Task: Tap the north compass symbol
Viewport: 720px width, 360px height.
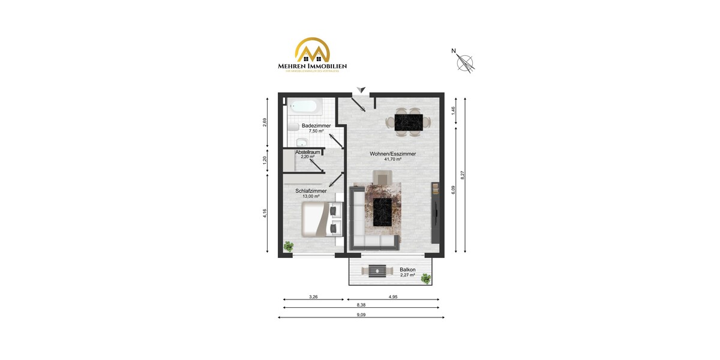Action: point(465,62)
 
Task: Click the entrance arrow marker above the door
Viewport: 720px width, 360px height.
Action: point(361,89)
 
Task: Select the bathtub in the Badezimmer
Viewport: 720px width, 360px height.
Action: point(305,107)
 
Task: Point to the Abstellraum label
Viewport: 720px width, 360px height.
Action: point(307,153)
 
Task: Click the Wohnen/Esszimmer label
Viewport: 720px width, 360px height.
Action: point(393,154)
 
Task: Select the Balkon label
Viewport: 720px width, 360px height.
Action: point(408,270)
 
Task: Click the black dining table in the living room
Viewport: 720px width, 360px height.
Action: point(408,122)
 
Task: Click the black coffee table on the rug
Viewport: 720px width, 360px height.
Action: point(383,212)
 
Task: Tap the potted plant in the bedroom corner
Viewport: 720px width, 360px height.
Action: point(289,246)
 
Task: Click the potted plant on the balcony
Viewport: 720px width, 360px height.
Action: point(425,278)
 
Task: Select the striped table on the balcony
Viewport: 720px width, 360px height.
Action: point(377,271)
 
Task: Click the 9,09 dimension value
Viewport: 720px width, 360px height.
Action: point(361,314)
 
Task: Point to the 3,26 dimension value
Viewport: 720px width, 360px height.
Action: point(313,296)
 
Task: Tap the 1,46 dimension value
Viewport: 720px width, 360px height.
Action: point(453,110)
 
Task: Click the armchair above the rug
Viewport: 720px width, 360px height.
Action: point(382,177)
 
